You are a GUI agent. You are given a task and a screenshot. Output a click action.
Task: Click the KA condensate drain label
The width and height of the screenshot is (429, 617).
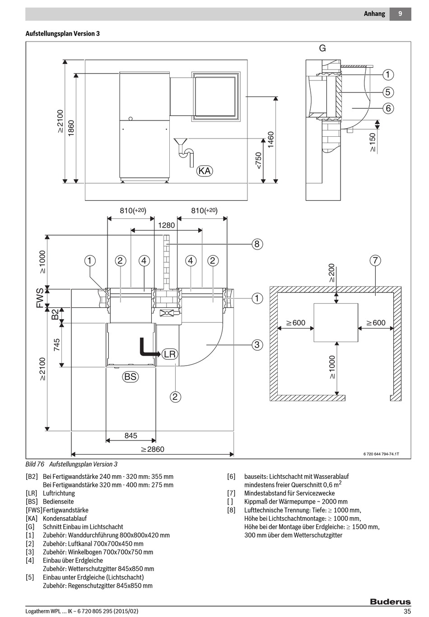205,171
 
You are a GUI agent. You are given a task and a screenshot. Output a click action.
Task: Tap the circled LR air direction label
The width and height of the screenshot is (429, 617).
170,354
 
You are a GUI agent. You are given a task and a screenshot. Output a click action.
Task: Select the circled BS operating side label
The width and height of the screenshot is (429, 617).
131,376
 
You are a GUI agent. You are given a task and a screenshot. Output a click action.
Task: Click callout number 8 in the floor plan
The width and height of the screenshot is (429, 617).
257,244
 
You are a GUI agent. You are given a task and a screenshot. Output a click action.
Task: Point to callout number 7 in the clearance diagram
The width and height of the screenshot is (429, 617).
375,260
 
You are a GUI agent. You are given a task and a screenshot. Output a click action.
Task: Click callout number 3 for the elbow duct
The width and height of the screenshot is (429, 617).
257,344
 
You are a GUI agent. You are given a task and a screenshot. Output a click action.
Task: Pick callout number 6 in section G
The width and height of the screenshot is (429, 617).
388,108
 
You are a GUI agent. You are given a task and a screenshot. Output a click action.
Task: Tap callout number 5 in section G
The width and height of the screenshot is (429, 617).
388,92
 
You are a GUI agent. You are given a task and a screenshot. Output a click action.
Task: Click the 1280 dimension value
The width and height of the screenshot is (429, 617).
167,225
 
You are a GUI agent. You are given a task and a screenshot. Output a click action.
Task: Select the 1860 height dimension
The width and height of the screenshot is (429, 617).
71,128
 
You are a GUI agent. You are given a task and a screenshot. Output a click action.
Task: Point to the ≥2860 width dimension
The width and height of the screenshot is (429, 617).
152,449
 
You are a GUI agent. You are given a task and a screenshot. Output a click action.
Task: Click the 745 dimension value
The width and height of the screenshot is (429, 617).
56,345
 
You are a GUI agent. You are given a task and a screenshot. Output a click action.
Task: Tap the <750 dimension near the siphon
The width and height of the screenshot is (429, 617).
258,160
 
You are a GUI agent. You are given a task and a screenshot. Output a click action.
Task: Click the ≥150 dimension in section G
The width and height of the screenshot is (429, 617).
373,143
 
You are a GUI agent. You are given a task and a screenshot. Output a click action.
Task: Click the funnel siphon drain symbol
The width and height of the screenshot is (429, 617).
184,152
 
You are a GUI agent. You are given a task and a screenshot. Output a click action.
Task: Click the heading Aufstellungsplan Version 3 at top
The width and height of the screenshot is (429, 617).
63,33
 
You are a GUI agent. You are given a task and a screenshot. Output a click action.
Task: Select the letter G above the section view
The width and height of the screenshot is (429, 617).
322,48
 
